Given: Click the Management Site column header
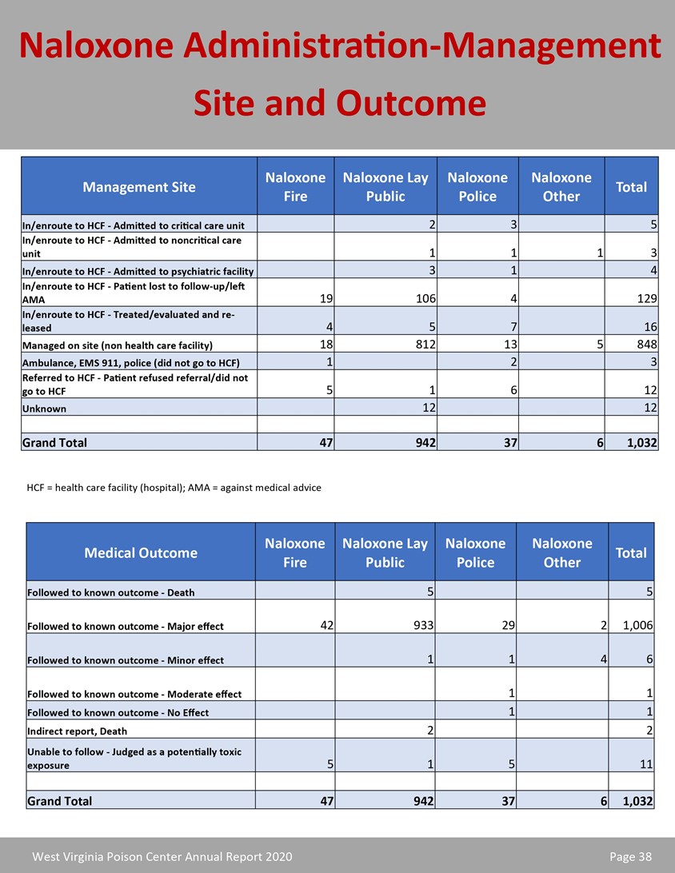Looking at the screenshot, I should click(x=139, y=187).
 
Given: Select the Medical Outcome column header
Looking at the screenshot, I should click(x=141, y=552).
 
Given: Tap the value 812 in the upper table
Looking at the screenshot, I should click(x=421, y=345).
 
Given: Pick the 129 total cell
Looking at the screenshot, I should click(x=645, y=299).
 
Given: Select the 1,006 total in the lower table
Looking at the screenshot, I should click(x=637, y=626).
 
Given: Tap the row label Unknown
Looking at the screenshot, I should click(x=45, y=409).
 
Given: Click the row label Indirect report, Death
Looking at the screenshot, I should click(x=77, y=731).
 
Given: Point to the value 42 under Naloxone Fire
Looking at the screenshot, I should click(x=325, y=626).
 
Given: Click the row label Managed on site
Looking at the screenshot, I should click(x=118, y=345).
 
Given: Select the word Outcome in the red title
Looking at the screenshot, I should click(x=411, y=103).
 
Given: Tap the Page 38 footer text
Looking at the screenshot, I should click(x=630, y=857).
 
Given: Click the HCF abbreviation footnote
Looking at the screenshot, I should click(x=174, y=488).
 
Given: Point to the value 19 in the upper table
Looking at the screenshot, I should click(x=326, y=299).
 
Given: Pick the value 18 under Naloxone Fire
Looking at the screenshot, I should click(x=326, y=345).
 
